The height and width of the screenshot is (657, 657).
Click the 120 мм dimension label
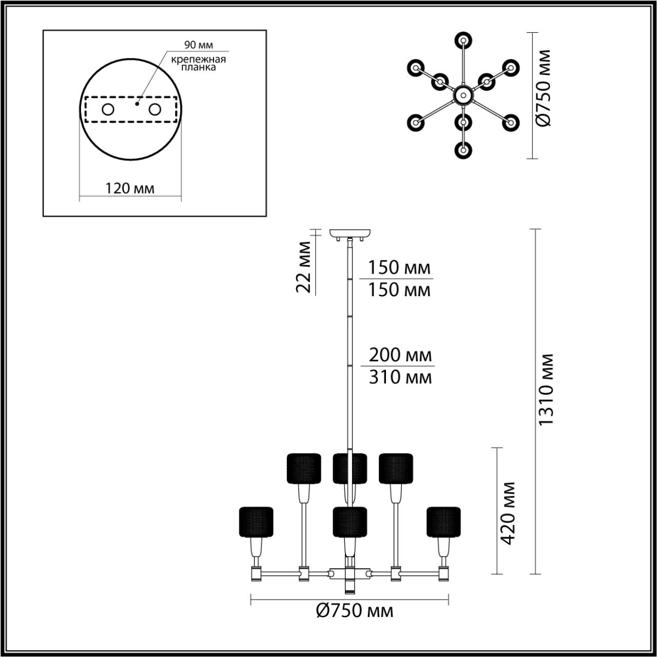click(x=130, y=188)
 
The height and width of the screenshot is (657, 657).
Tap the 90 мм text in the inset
click(x=199, y=46)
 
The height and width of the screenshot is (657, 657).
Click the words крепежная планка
click(x=199, y=63)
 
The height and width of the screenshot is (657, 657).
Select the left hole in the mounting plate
click(x=108, y=109)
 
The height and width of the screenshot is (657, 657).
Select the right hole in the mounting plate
click(x=155, y=109)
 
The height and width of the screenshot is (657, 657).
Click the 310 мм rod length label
click(x=400, y=377)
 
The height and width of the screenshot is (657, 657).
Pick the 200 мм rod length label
click(x=400, y=355)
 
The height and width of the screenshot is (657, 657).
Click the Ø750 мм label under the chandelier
click(x=355, y=611)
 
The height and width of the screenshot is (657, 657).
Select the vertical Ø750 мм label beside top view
click(x=544, y=88)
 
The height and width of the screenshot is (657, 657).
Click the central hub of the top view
click(x=462, y=95)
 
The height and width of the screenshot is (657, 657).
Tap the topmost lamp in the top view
click(x=463, y=40)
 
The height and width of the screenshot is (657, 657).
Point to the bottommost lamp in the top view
click(x=463, y=150)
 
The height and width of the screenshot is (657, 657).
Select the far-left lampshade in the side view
click(x=256, y=521)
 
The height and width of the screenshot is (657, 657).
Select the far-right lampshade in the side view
click(x=443, y=521)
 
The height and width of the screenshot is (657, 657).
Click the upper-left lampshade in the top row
click(x=303, y=468)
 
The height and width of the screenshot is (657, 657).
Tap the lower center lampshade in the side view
click(x=350, y=521)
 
